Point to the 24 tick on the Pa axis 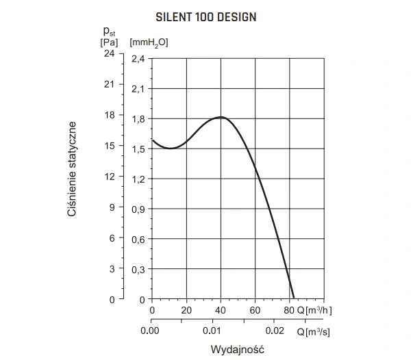point(109,53)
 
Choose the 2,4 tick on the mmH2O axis point(138,58)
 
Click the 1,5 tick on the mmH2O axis point(138,149)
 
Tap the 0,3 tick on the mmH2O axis point(138,269)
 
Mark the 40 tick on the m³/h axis point(221,310)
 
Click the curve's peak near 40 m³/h point(221,117)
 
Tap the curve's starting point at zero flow point(152,140)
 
